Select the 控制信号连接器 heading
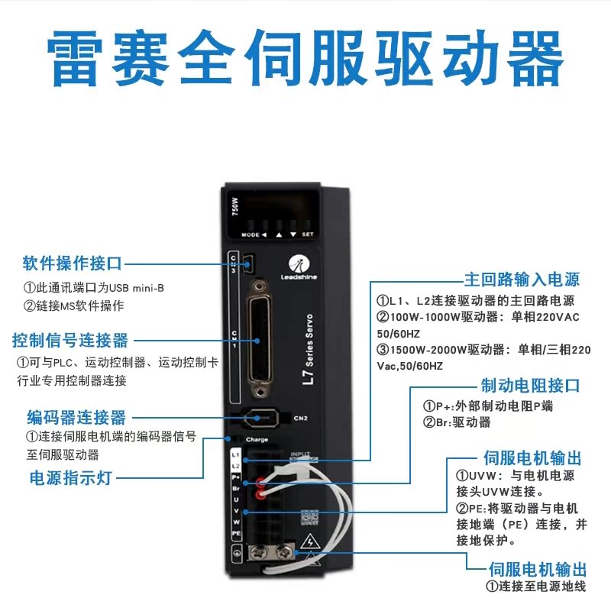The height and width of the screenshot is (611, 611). tap(70, 340)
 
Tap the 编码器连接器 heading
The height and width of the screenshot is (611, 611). tap(76, 417)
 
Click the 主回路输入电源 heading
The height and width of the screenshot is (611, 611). tap(522, 279)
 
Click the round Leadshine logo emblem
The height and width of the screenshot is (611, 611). tap(301, 263)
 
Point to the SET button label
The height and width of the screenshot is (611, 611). tap(308, 234)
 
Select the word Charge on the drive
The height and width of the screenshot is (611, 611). tap(256, 440)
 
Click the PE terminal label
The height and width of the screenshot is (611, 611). tap(236, 532)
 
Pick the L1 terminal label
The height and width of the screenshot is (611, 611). tap(236, 454)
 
